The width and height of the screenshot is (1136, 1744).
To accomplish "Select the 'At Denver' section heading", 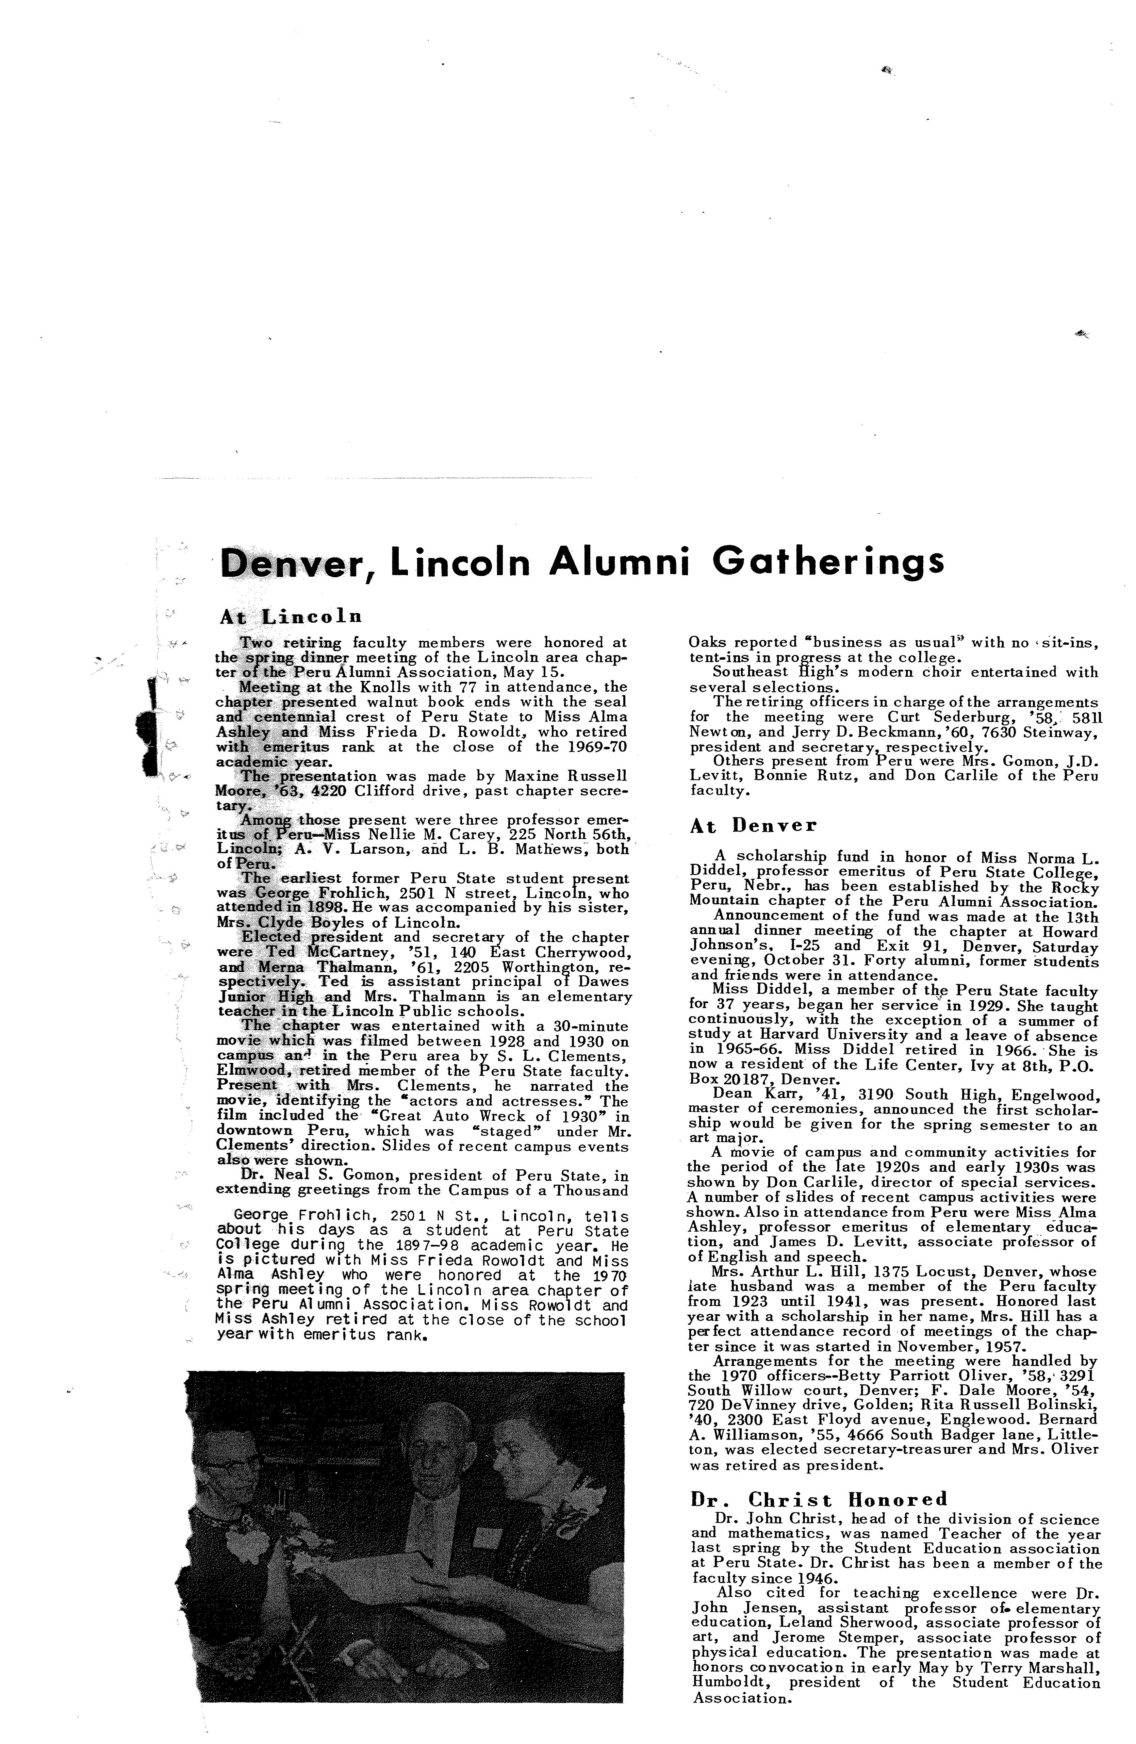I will point(753,826).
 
